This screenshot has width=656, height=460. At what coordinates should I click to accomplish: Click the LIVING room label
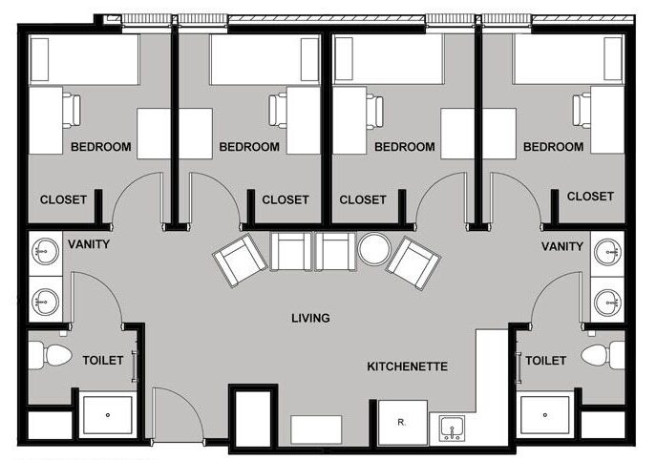click(310, 318)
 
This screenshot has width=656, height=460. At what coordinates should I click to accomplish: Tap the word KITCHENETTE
click(407, 366)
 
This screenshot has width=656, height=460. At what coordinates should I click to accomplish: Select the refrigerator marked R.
click(403, 423)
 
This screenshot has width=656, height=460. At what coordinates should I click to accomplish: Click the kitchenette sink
click(452, 428)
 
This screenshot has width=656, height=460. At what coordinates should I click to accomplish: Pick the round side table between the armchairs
click(374, 248)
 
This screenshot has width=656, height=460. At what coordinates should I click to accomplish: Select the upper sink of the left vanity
click(45, 252)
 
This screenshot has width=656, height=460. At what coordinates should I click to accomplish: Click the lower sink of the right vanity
click(607, 302)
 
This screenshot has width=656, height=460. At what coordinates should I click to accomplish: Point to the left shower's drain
click(108, 415)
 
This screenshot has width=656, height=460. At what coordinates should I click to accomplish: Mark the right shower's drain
click(544, 415)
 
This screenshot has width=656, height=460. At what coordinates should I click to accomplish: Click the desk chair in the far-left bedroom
click(72, 111)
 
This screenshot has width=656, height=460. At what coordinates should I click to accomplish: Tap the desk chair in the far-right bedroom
click(582, 111)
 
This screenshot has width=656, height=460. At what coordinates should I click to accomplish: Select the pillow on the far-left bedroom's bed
click(39, 59)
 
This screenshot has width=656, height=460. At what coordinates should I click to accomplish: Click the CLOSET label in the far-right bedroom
click(590, 197)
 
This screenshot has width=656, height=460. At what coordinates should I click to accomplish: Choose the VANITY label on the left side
click(89, 244)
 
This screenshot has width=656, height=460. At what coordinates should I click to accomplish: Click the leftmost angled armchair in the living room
click(240, 261)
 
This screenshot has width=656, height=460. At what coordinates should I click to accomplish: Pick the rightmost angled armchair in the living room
click(413, 262)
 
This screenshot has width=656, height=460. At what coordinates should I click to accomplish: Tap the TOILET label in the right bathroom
click(545, 361)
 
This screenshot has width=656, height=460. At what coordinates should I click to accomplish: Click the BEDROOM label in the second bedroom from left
click(249, 147)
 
